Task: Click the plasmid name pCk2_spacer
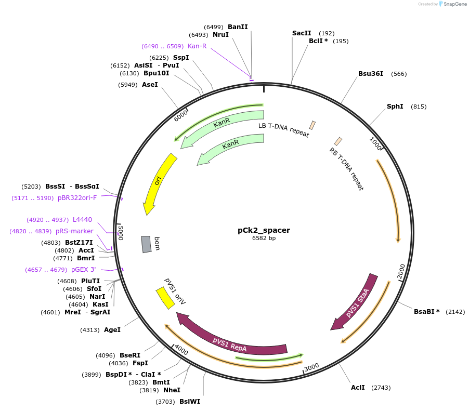click(264, 230)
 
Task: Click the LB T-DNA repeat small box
click(312, 125)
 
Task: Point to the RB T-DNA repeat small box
click(338, 141)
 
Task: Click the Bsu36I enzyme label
click(371, 74)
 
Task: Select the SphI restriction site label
click(395, 107)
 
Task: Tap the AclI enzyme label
click(358, 388)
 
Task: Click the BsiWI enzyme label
click(190, 402)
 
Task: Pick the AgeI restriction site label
click(112, 330)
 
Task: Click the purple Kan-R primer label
click(197, 46)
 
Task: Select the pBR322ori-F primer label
click(77, 198)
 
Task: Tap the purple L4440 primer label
click(82, 220)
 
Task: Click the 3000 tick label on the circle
click(311, 367)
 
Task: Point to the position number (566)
click(399, 74)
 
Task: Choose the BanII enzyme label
click(238, 26)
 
